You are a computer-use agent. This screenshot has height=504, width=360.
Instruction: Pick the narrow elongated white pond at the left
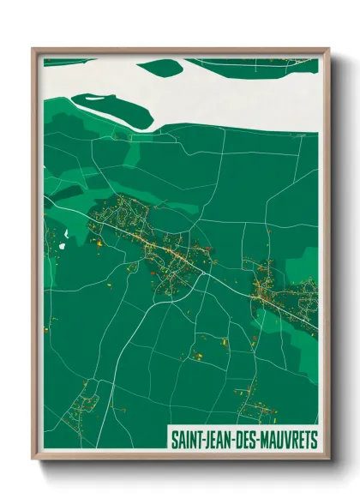[x=64, y=233]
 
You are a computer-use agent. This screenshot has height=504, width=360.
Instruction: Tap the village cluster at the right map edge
[x=287, y=296]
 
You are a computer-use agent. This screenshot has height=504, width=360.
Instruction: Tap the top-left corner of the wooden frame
[x=34, y=50]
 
